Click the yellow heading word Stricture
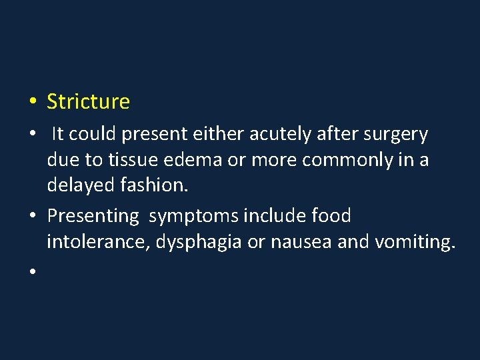coord(88,102)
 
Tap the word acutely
coord(280,135)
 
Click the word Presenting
coord(93,217)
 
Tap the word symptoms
coord(194,217)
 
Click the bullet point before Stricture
coord(31,103)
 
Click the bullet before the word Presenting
coord(31,217)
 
